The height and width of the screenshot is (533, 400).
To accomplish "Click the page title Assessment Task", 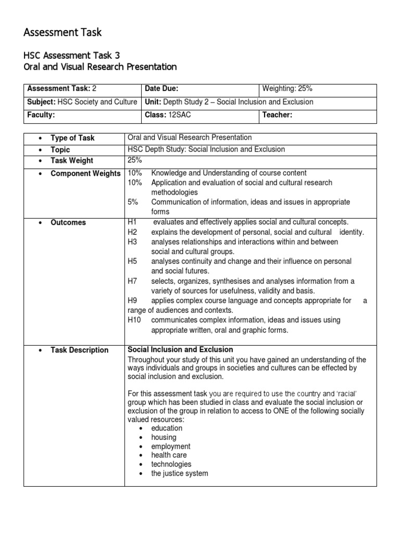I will pyautogui.click(x=63, y=33).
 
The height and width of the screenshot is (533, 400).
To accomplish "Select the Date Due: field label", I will pyautogui.click(x=164, y=88).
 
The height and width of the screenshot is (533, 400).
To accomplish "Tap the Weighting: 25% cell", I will pyautogui.click(x=287, y=88).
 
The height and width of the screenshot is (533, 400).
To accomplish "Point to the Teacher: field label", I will pyautogui.click(x=277, y=115).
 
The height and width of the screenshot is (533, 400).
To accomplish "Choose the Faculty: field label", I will pyautogui.click(x=41, y=115).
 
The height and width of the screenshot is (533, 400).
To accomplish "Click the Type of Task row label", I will pyautogui.click(x=72, y=138).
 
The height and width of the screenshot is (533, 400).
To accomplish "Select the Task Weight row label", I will pyautogui.click(x=72, y=161).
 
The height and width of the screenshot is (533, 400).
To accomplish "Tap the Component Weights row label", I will pyautogui.click(x=85, y=173).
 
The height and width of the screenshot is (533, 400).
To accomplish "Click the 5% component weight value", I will pyautogui.click(x=133, y=202).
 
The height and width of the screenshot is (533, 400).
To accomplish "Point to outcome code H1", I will pyautogui.click(x=132, y=222).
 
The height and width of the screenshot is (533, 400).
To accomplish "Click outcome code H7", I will pyautogui.click(x=132, y=281).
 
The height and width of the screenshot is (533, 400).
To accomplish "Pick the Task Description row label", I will pyautogui.click(x=79, y=350).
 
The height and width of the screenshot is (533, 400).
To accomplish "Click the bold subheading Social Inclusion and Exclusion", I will pyautogui.click(x=180, y=349).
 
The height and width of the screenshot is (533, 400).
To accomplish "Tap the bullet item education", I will pyautogui.click(x=167, y=428).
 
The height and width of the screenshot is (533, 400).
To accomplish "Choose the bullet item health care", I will pyautogui.click(x=169, y=455).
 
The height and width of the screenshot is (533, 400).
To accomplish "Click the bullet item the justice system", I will pyautogui.click(x=179, y=473).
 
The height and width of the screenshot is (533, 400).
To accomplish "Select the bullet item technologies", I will pyautogui.click(x=171, y=464).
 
